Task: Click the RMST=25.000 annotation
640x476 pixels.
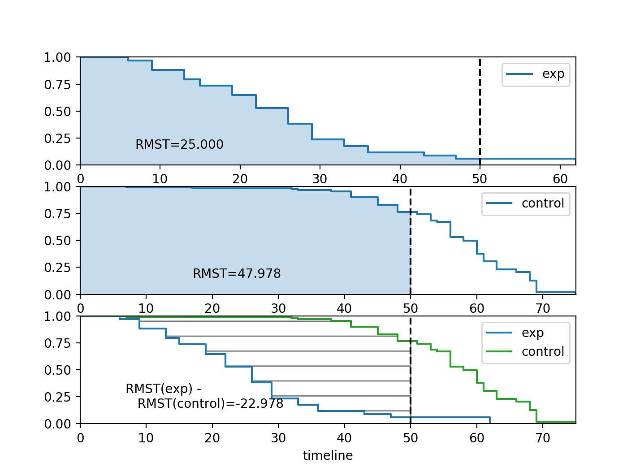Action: click(x=179, y=144)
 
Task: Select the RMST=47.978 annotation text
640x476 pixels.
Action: click(x=237, y=273)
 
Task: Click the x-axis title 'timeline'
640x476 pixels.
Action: click(x=328, y=456)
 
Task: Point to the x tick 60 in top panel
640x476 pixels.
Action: click(x=560, y=179)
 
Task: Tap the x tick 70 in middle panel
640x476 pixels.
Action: click(x=543, y=309)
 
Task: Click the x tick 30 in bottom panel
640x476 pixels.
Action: click(x=278, y=438)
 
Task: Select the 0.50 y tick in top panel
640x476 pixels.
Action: click(x=57, y=111)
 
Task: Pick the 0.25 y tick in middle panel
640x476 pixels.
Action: click(x=57, y=268)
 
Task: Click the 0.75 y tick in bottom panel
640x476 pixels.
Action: click(x=57, y=343)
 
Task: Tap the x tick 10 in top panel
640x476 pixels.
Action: click(x=160, y=179)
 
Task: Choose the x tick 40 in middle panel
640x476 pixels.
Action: click(x=344, y=309)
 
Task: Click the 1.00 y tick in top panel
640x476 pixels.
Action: click(x=57, y=57)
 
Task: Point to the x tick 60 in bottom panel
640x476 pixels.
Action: click(x=477, y=438)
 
